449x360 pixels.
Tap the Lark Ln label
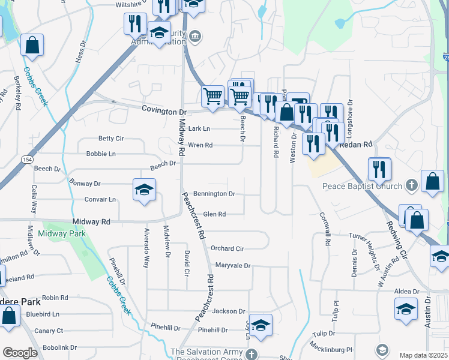point(199,128)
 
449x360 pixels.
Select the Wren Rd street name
point(200,145)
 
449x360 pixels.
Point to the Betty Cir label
point(110,139)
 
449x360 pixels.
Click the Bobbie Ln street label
point(100,154)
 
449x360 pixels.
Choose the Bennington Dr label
point(214,194)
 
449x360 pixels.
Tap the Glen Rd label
point(214,214)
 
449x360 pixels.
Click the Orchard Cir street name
point(227,248)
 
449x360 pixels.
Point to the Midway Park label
point(61,233)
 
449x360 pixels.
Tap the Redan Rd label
point(356,145)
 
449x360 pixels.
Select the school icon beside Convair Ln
point(144,190)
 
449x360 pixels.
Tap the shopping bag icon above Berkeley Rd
point(32,45)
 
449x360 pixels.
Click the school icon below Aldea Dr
point(406,309)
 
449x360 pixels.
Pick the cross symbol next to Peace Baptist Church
point(411,185)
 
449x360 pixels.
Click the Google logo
point(20,353)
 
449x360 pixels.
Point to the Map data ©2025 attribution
point(423,355)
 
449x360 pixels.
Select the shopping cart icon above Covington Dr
point(212,96)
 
